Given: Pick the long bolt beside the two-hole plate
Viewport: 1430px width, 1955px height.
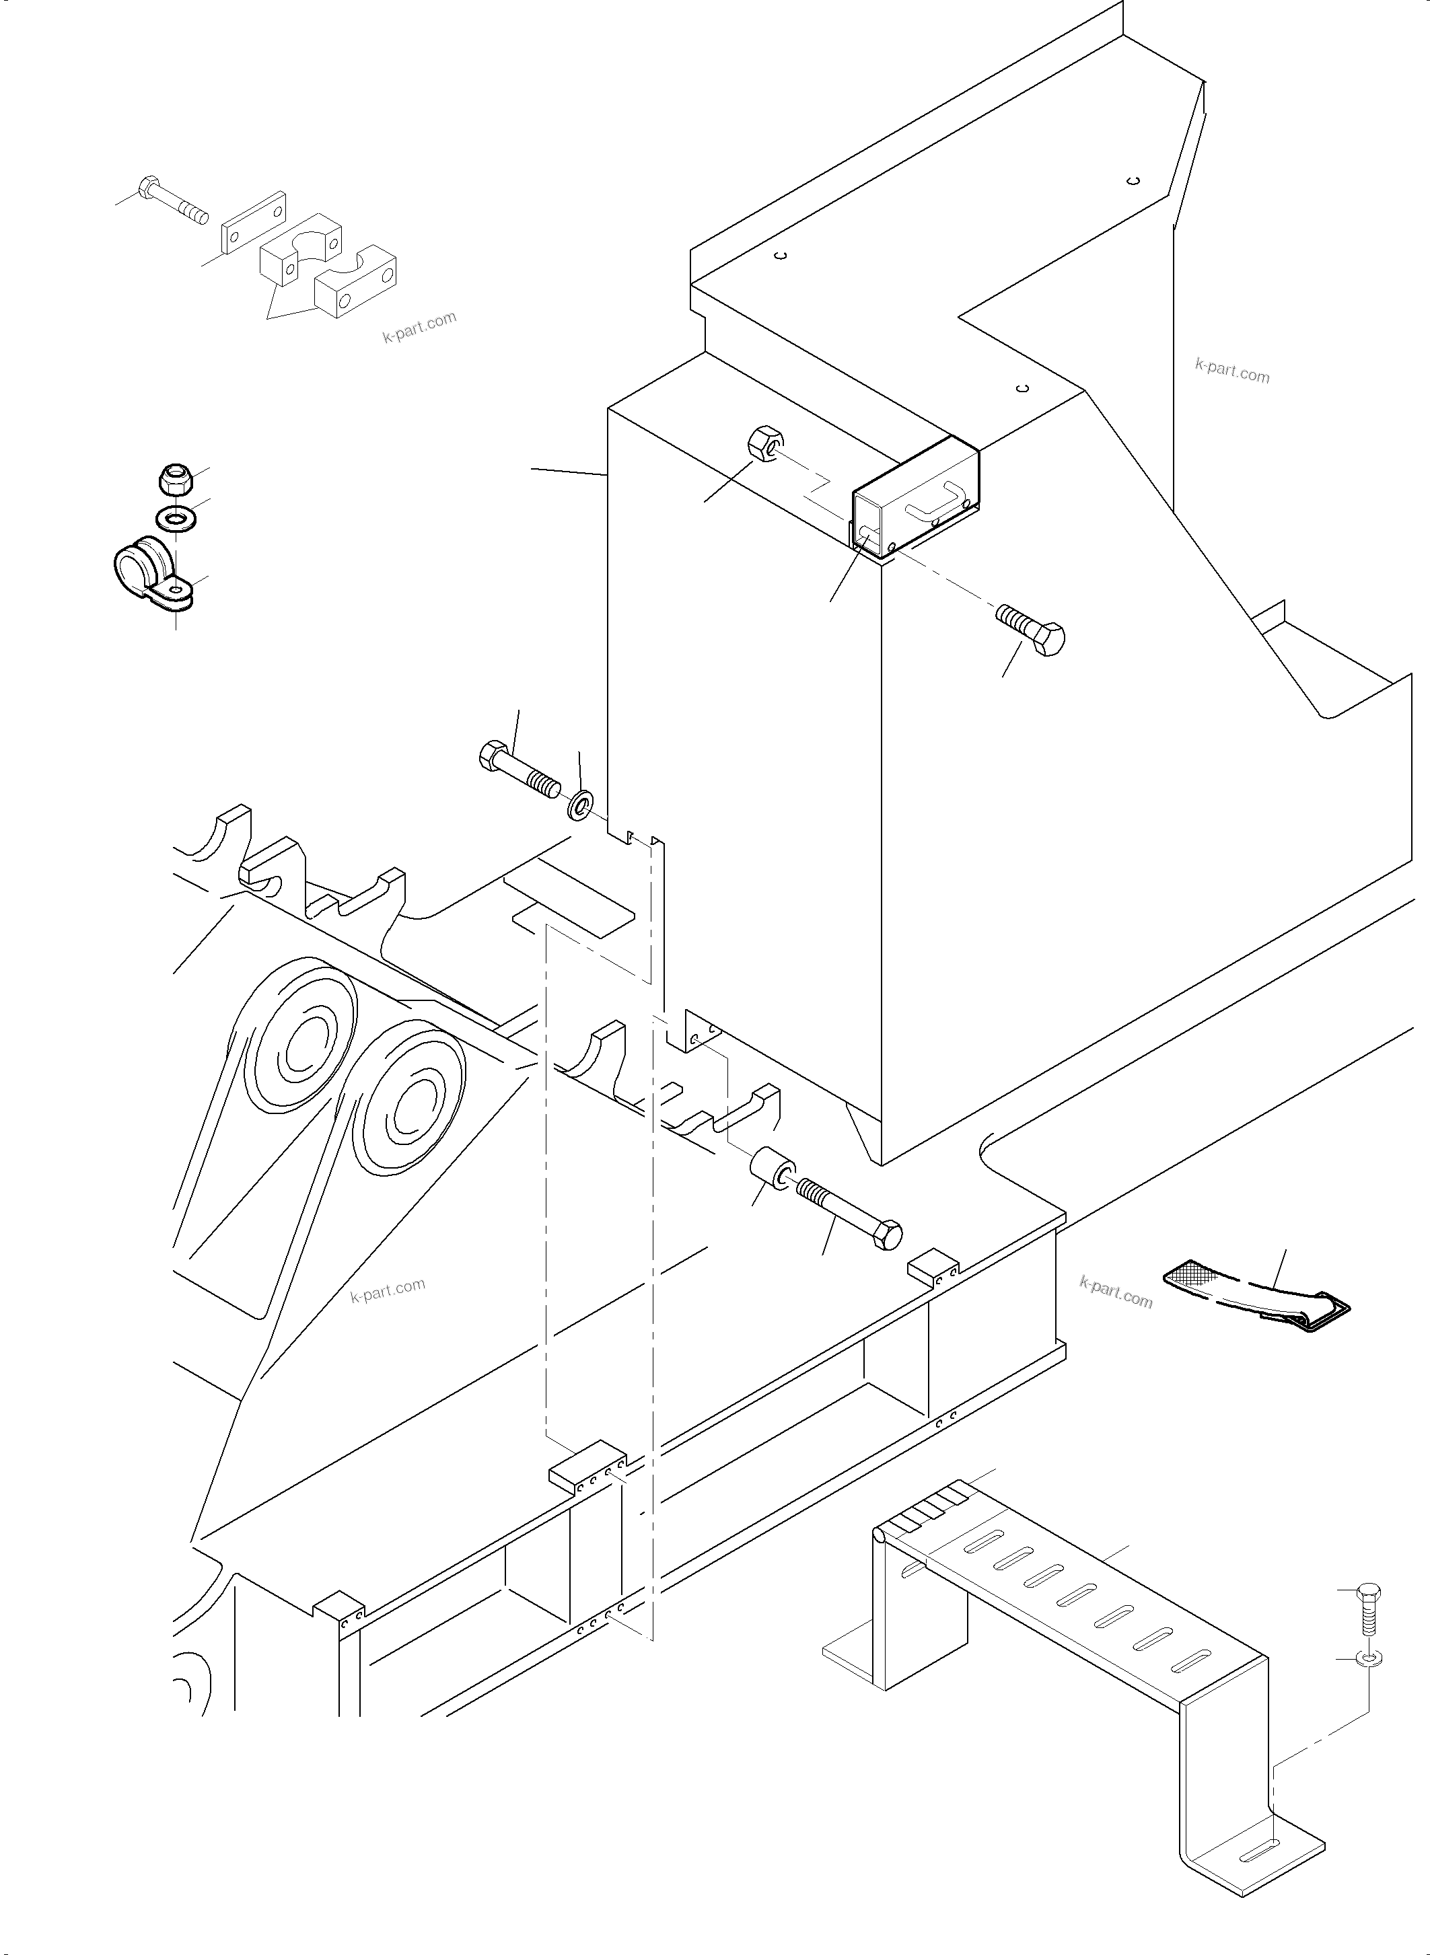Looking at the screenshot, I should click(x=173, y=200).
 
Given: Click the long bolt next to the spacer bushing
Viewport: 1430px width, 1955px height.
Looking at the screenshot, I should click(x=850, y=1212).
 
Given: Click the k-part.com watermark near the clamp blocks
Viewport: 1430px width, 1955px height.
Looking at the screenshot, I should click(x=419, y=327).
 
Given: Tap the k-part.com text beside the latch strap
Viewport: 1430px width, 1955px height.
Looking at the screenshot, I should click(x=1116, y=1293).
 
